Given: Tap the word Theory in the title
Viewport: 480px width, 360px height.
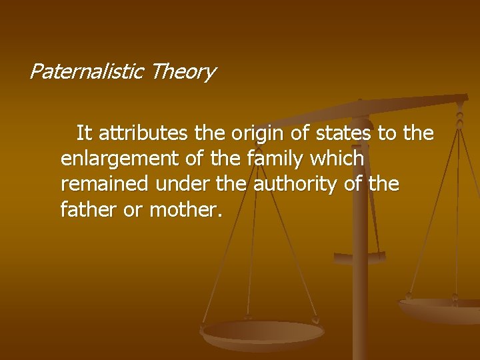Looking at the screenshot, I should coord(183,71).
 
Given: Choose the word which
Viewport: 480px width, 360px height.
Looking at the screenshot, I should coord(341,159).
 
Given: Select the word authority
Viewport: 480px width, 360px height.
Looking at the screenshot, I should coord(299,185).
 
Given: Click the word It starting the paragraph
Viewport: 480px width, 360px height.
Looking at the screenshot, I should coord(84,134).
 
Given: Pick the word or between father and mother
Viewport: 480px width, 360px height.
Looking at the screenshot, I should coord(131,211).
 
